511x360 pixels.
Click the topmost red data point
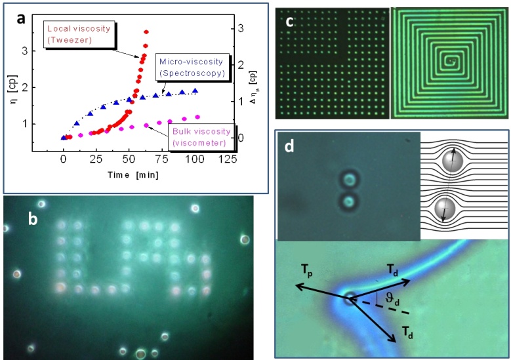(x=146, y=31)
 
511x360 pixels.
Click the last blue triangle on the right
(x=195, y=91)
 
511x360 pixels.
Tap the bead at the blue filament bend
(x=350, y=296)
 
